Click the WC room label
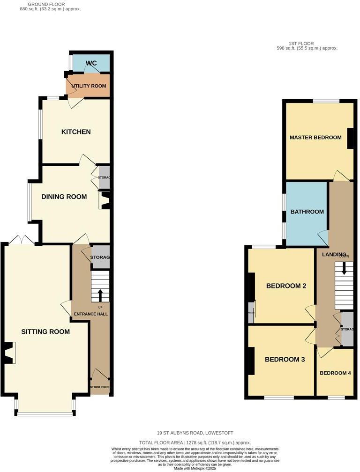[x=91, y=63]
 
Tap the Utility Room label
[x=90, y=86]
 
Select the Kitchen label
[x=76, y=132]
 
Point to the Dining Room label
[x=64, y=197]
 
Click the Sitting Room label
[x=45, y=332]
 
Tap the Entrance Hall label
[x=90, y=314]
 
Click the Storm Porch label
[x=99, y=387]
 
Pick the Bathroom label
[x=307, y=212]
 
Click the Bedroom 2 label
[x=286, y=286]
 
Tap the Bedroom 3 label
[x=285, y=360]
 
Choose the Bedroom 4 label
[x=335, y=373]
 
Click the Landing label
[x=334, y=254]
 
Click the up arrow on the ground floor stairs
[x=100, y=295]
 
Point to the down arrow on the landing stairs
[x=344, y=268]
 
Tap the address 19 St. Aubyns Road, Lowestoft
[x=195, y=433]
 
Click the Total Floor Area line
[x=195, y=442]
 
